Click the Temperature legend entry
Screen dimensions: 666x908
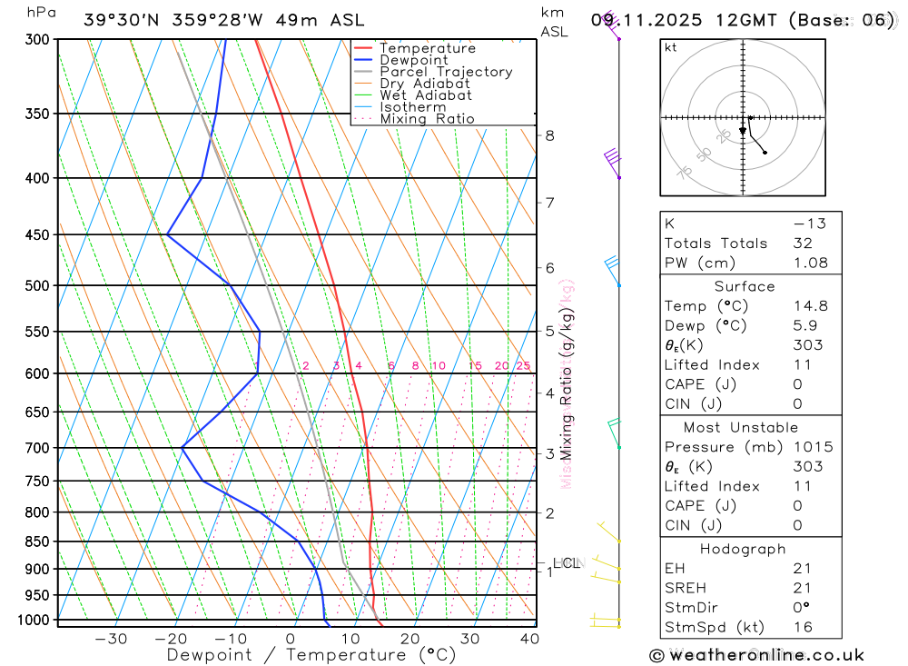tap(427, 48)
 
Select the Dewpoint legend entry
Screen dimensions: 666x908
tap(413, 60)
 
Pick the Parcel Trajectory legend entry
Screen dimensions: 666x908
tap(446, 72)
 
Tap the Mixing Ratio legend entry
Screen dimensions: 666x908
tap(427, 119)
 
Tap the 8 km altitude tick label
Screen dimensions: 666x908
tap(550, 136)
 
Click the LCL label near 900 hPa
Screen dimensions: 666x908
tap(566, 563)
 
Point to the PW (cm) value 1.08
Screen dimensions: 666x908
tap(811, 263)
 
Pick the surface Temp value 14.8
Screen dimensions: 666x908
tap(811, 306)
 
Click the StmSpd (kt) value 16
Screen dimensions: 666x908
tap(804, 627)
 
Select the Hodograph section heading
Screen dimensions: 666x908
tap(744, 549)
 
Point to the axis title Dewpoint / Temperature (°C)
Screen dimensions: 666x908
tap(311, 654)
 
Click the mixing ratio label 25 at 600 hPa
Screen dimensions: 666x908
tap(523, 365)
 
